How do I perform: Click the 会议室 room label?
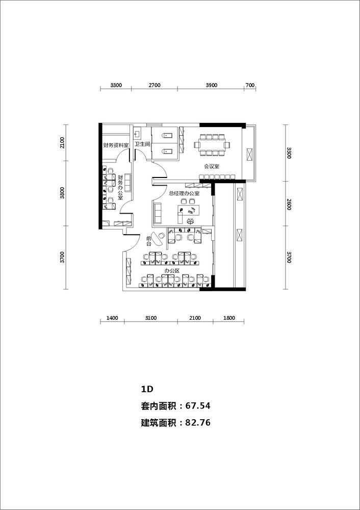pos(212,167)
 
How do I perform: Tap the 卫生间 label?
pos(142,144)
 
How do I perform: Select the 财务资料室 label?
pos(116,145)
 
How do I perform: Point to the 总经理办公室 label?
pos(184,193)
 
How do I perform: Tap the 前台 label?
pos(148,241)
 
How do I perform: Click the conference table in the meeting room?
pos(212,144)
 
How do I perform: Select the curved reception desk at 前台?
pos(158,239)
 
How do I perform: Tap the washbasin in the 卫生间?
pos(137,134)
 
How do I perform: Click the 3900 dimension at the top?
pos(212,86)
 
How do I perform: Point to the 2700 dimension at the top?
pos(155,86)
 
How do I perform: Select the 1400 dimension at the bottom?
pos(112,318)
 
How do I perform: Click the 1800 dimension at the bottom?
pos(229,318)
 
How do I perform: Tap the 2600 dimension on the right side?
pos(289,203)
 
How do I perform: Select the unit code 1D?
pos(147,389)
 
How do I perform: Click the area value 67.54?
pos(198,406)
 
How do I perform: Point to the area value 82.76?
pos(198,423)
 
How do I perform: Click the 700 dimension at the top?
pos(250,86)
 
